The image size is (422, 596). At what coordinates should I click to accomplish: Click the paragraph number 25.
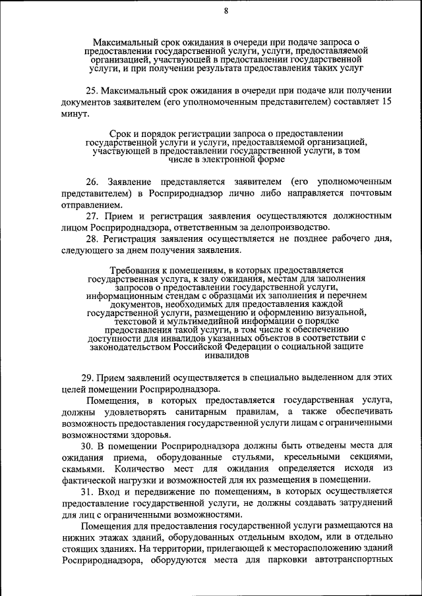pyautogui.click(x=92, y=90)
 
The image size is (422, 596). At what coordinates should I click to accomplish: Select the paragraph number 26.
pyautogui.click(x=92, y=180)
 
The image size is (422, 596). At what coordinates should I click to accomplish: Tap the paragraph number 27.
pyautogui.click(x=92, y=215)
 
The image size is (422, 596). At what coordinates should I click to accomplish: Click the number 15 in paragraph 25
pyautogui.click(x=387, y=102)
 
